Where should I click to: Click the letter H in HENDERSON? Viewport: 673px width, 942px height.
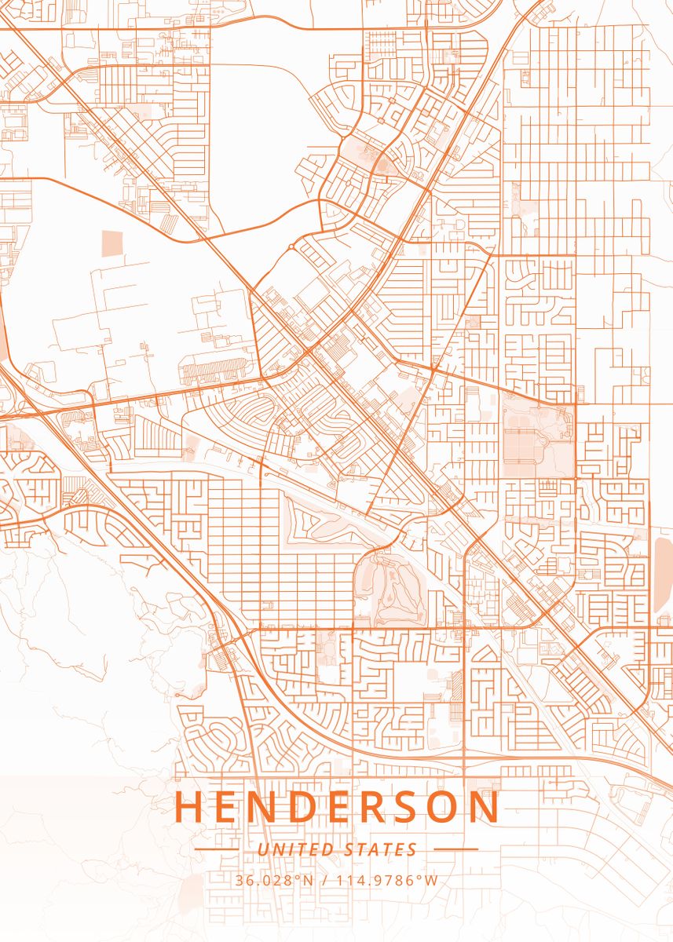coord(188,808)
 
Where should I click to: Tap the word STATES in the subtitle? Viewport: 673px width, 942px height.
coord(380,849)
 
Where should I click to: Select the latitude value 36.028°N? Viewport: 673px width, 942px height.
coord(273,880)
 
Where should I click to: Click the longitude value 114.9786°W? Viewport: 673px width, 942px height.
coord(387,880)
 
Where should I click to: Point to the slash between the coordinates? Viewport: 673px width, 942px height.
coord(325,880)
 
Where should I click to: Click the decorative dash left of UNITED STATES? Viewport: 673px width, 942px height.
coord(216,849)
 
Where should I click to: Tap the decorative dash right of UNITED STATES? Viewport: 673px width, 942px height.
coord(455,849)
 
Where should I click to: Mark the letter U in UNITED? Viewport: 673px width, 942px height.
coord(262,849)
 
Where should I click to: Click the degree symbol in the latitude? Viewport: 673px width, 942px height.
coord(298,877)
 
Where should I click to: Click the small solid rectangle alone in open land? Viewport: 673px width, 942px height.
coord(112,243)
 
